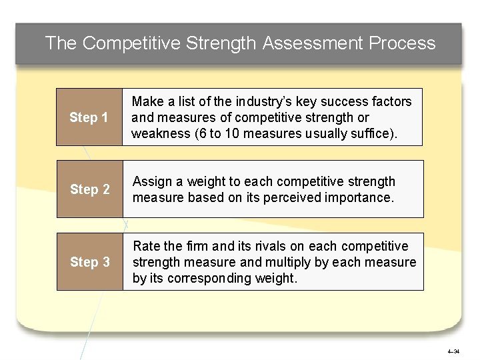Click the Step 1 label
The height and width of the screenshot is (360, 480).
[x=89, y=118]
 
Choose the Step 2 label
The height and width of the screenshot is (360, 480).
[x=90, y=190]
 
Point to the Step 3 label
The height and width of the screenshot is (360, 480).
[x=90, y=262]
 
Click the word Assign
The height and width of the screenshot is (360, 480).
[x=151, y=182]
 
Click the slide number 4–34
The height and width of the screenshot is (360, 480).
[x=453, y=351]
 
